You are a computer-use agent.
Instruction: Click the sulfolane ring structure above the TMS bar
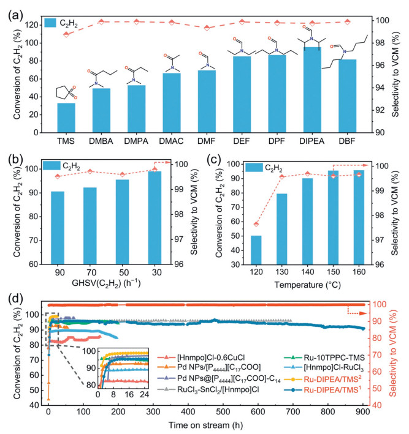point(65,92)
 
